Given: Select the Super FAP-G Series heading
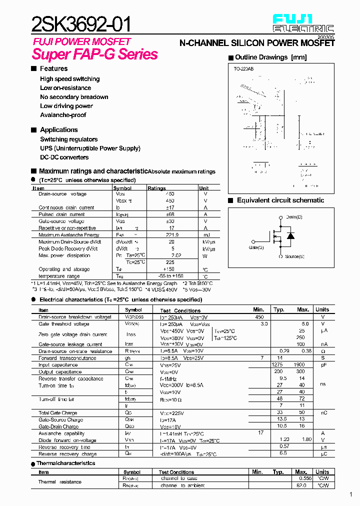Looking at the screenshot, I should pos(94,54).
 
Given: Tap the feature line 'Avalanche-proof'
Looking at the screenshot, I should pos(63,115).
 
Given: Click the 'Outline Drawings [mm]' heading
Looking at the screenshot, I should pos(270,57).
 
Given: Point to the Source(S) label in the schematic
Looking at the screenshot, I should pos(294,256).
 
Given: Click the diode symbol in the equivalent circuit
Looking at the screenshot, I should pos(290,236).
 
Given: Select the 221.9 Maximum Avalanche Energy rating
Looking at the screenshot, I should pos(170,235).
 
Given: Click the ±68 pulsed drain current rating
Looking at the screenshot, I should pos(170,214).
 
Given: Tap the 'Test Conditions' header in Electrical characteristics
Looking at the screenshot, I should pos(180,310).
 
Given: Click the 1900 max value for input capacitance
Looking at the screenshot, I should pos(299,364).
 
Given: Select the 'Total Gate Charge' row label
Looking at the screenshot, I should pos(58,413).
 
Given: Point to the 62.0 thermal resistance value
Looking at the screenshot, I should pos(301,485).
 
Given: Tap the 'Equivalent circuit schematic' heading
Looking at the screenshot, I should pos(280,200).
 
